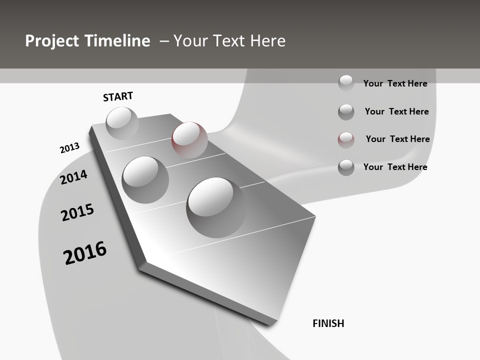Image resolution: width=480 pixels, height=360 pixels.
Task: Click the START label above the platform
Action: pyautogui.click(x=118, y=96)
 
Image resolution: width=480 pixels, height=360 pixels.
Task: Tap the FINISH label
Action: pyautogui.click(x=328, y=323)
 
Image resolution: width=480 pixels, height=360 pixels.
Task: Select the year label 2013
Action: pyautogui.click(x=69, y=148)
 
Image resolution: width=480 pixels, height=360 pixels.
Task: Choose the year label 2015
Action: pyautogui.click(x=77, y=212)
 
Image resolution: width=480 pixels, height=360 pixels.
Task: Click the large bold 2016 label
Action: pyautogui.click(x=85, y=252)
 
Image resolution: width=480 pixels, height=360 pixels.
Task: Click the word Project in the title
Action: pyautogui.click(x=52, y=41)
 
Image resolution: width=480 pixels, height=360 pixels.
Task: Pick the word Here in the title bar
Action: pyautogui.click(x=267, y=41)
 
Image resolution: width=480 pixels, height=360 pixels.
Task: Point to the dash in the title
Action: pyautogui.click(x=164, y=41)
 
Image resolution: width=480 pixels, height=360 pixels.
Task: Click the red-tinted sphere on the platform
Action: pyautogui.click(x=189, y=139)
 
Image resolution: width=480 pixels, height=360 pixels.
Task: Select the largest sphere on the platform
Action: pyautogui.click(x=216, y=207)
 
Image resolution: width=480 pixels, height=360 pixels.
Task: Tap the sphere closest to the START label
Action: pyautogui.click(x=122, y=123)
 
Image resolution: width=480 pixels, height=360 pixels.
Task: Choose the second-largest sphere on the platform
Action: pyautogui.click(x=145, y=179)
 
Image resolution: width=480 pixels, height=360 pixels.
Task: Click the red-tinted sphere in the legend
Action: pyautogui.click(x=346, y=139)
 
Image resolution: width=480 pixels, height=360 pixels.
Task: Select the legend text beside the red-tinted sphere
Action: pyautogui.click(x=397, y=139)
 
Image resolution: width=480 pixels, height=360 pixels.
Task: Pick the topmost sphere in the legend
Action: pyautogui.click(x=346, y=82)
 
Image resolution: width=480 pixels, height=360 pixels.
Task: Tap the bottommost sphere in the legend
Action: pyautogui.click(x=346, y=167)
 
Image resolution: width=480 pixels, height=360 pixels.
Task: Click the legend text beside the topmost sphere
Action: pyautogui.click(x=395, y=83)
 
